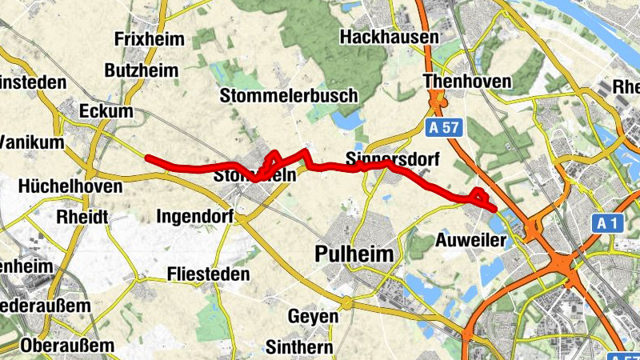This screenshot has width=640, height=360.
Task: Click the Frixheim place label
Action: click(x=150, y=39)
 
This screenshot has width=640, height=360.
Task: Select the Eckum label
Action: click(x=106, y=111)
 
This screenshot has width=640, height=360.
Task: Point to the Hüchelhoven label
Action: click(x=62, y=186)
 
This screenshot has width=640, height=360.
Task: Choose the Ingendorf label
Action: click(x=195, y=216)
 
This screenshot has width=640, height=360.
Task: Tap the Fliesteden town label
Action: click(x=209, y=274)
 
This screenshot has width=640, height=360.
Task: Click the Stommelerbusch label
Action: click(x=289, y=96)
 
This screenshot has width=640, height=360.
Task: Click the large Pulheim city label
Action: click(x=355, y=255)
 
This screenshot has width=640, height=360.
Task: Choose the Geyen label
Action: click(x=313, y=316)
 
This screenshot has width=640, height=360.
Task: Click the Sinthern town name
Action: click(x=298, y=347)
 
